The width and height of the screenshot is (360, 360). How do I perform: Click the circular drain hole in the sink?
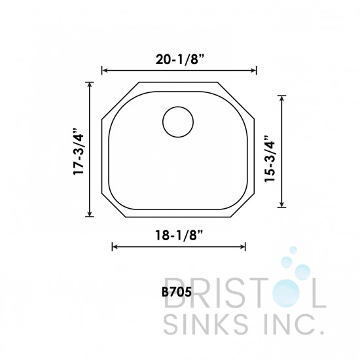click(177, 122)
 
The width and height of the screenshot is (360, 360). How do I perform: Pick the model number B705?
click(175, 293)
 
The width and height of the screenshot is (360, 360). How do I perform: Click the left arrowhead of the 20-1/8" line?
click(104, 71)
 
